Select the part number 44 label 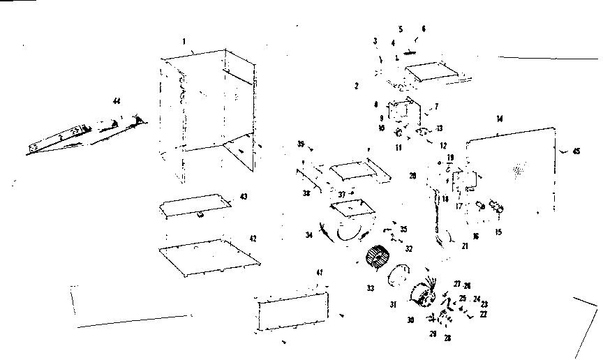point(117,102)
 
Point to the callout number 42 point(253,239)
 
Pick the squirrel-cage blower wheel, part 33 point(378,258)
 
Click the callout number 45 point(576,151)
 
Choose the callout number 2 point(356,86)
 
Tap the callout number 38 point(306,193)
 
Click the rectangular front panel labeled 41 point(293,313)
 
